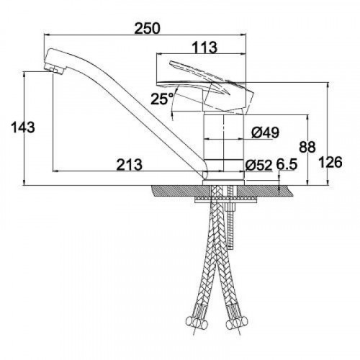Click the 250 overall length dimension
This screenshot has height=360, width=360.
pos(147,29)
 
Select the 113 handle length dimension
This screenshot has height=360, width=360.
pos(205,48)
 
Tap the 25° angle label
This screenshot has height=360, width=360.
pos(162,99)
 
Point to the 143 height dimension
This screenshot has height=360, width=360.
pos(23,127)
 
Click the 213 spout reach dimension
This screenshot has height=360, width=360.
pos(130,165)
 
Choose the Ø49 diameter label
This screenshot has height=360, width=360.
pos(266,132)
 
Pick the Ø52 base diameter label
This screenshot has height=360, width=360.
pos(258,165)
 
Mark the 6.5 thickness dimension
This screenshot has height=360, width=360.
pos(287,165)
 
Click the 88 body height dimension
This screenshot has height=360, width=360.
pos(307,147)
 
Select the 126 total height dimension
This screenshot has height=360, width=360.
pos(330,163)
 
